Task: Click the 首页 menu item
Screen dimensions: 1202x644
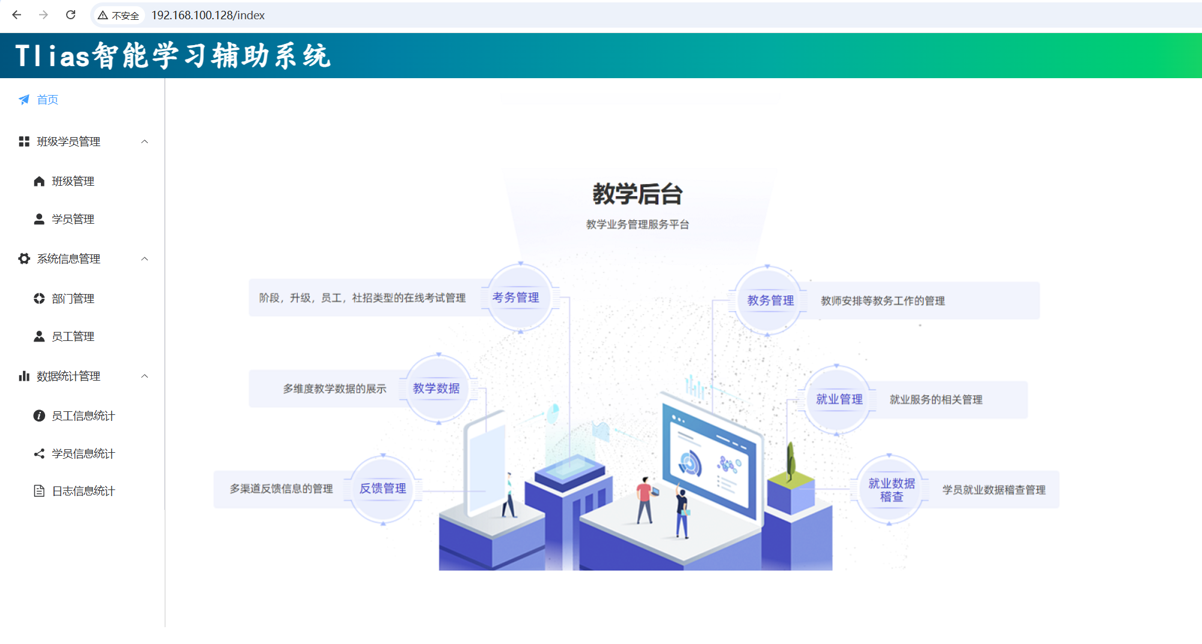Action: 47,100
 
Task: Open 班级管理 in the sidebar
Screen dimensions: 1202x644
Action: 73,182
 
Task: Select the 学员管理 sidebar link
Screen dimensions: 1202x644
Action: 73,219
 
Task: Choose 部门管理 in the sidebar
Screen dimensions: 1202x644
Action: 73,299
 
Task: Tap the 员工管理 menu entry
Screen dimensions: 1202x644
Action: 73,337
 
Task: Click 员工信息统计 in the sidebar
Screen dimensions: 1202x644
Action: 83,416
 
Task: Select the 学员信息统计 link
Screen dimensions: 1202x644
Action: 83,454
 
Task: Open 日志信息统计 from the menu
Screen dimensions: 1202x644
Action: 83,491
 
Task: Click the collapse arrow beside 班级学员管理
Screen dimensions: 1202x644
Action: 144,142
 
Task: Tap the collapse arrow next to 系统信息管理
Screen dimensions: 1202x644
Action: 144,259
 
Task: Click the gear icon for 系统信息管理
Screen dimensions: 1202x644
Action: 24,259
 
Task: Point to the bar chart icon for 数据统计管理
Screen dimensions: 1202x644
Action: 24,376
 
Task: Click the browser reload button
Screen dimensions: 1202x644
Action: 70,15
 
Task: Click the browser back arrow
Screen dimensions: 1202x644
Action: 17,15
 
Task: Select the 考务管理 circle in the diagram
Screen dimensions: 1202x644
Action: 516,298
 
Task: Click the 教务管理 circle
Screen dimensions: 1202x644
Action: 770,301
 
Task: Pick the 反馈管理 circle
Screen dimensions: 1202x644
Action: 383,489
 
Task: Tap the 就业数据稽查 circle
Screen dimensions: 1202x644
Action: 891,490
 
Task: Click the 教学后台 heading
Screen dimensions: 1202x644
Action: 637,194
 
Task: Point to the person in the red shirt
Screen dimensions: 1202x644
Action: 645,499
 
